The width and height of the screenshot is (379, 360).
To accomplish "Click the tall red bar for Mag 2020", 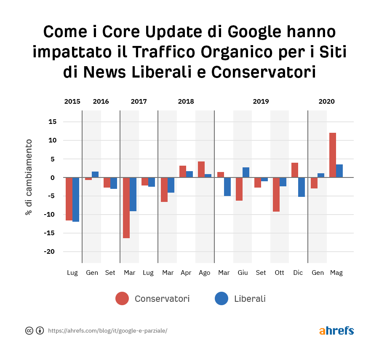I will pos(333,155).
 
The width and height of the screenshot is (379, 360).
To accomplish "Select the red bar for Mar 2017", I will pos(126,208).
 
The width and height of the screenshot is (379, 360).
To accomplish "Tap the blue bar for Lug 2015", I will pos(76,199).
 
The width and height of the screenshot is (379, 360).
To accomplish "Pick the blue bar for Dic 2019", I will pos(302,187).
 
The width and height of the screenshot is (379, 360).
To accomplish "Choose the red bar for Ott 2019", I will pos(276,194).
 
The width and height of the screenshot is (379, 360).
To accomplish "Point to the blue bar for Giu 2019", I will pos(246,172).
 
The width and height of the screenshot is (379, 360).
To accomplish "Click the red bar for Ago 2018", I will pos(201,169).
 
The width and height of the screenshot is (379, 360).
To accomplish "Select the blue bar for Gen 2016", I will pos(95,175).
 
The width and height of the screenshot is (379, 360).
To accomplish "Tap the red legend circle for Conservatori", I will pos(122,299).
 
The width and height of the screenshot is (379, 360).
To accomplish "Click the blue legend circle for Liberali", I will pos(222,299).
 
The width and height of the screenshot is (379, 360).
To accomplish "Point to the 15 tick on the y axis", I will pos(52,122).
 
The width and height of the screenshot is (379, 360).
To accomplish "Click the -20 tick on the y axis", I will pos(51,252).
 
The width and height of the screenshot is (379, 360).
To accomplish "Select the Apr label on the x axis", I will pos(186,273).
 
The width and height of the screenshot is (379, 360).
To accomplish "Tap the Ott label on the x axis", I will pos(279,273).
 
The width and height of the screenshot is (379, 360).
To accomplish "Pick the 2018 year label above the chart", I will pos(186,102).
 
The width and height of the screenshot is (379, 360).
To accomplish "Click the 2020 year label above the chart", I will pos(326,102).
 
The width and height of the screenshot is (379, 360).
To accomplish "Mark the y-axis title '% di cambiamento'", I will pos(29,177).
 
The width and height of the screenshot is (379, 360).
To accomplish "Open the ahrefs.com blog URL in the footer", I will pos(107,330).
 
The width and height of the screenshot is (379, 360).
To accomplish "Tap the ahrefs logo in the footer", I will pos(336,330).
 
